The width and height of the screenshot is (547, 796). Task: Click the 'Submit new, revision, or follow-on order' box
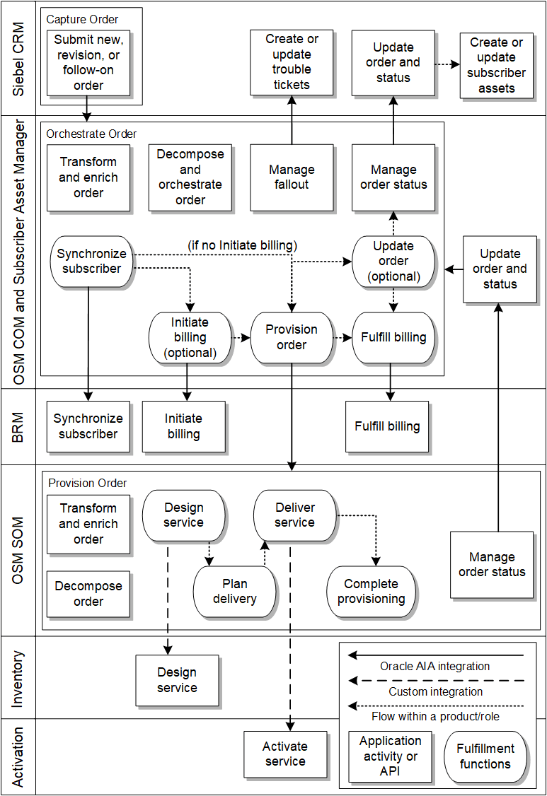88,63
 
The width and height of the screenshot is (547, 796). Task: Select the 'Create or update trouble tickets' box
292,62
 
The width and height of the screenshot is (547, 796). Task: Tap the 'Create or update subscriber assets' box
496,66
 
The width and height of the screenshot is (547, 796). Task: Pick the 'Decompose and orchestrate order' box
190,177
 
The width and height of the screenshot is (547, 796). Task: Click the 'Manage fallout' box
292,177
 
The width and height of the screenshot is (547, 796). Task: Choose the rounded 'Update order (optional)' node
393,262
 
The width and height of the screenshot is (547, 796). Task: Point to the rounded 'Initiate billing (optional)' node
190,337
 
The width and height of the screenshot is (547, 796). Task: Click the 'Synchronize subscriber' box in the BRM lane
88,426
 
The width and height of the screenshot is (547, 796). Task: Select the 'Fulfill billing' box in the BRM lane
387,426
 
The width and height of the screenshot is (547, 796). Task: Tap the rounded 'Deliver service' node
294,515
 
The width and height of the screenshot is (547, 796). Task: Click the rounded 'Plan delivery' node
234,592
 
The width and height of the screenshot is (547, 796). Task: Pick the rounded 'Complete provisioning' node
372,592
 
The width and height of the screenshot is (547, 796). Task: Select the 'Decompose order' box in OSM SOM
88,594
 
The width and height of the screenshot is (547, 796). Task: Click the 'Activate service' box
285,754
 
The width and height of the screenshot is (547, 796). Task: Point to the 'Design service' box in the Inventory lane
177,680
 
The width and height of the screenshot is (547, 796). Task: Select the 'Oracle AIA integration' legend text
434,666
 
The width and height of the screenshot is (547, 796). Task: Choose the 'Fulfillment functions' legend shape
485,756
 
